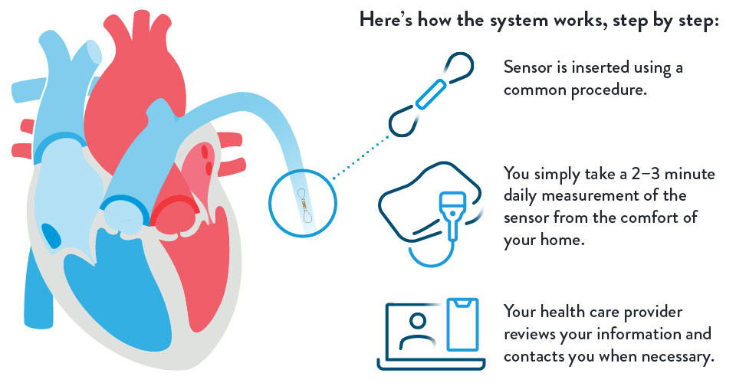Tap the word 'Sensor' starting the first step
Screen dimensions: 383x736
click(x=527, y=67)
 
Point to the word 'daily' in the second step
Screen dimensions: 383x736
click(x=522, y=196)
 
